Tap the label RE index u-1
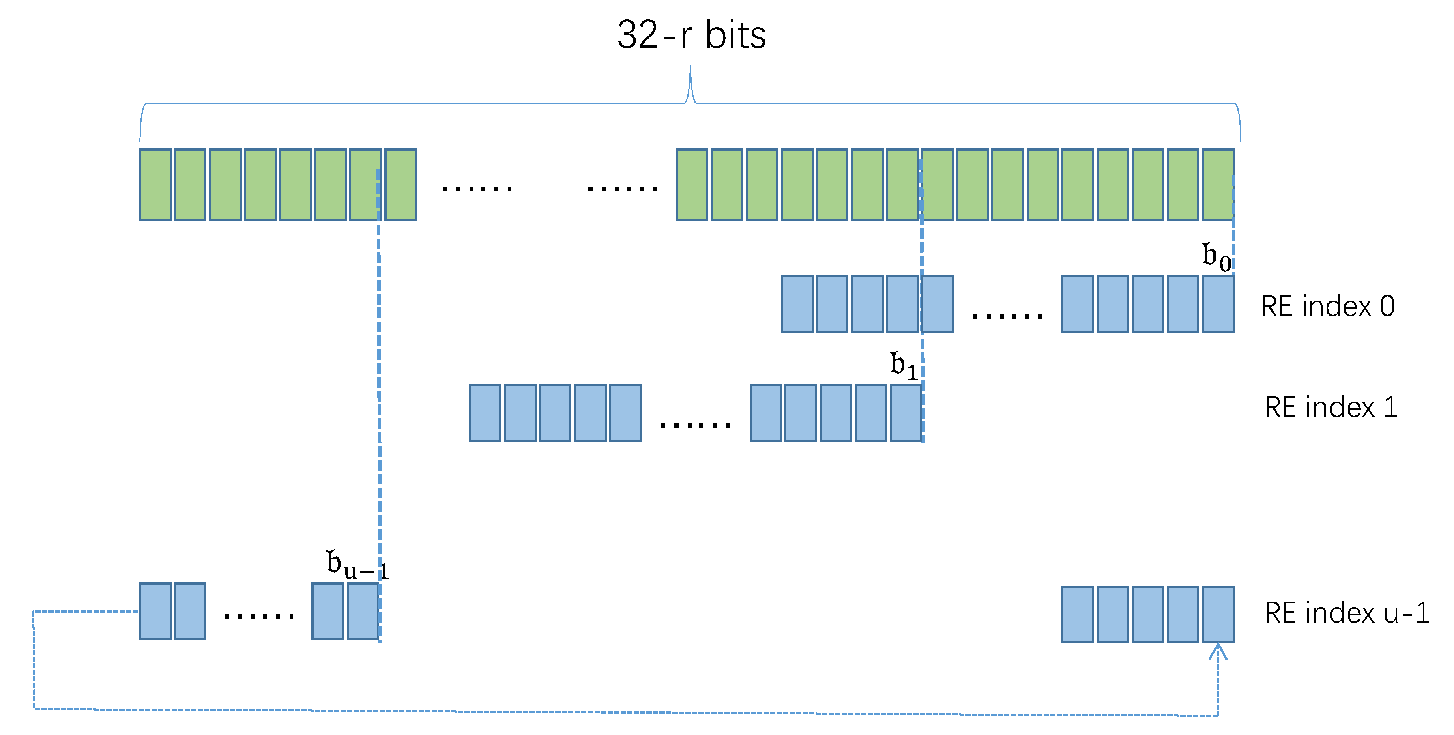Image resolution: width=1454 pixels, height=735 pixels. [1346, 612]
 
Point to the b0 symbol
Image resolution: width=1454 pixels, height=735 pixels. [1216, 257]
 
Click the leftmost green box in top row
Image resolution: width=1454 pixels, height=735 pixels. [155, 185]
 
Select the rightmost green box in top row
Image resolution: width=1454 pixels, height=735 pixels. [1218, 185]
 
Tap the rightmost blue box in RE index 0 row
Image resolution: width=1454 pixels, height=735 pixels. [1218, 304]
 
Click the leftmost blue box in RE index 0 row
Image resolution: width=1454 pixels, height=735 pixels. [797, 304]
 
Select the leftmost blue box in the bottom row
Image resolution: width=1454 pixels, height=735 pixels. [155, 611]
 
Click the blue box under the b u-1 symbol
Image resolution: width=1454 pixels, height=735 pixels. [362, 611]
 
